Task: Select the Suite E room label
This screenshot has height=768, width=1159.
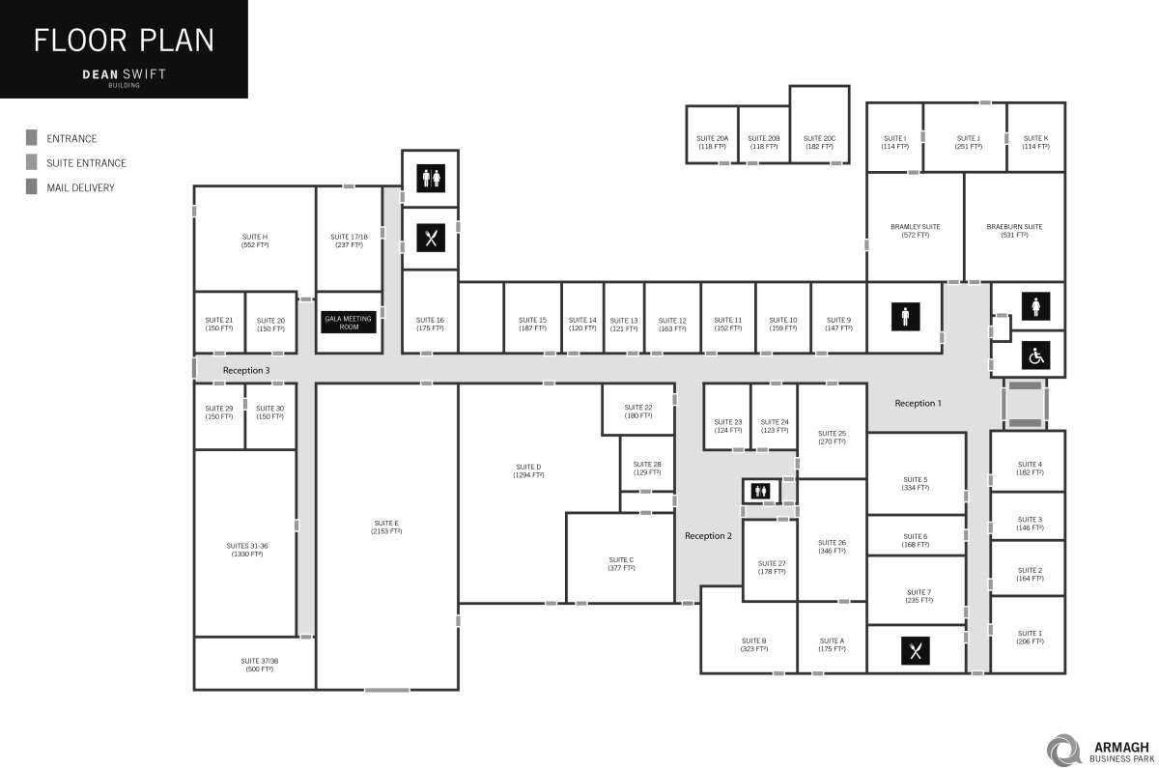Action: coord(386,526)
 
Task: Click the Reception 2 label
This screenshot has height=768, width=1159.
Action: coord(709,535)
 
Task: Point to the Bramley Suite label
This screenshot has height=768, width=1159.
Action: coord(915,230)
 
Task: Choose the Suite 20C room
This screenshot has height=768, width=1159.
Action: coord(819,142)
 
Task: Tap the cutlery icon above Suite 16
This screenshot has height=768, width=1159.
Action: coord(430,238)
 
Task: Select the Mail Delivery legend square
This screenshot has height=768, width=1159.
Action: coord(32,187)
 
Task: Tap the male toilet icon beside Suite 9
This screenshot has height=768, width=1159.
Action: coord(905,316)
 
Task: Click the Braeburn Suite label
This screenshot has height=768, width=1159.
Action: coord(1014,230)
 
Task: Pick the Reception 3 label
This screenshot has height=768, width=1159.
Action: coord(246,370)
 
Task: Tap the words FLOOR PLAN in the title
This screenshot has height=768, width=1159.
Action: coord(124,41)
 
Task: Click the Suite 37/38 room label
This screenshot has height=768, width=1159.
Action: coord(259,665)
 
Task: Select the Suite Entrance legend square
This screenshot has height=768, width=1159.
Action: coord(32,162)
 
